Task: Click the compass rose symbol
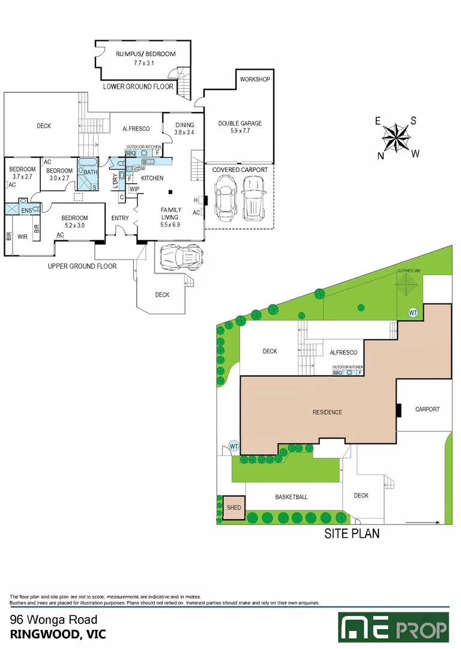tap(396, 138)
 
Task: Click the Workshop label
tap(255, 79)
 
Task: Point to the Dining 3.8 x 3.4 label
tap(184, 129)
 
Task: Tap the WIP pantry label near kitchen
tap(134, 189)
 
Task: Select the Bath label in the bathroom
tap(90, 172)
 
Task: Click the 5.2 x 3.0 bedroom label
tap(75, 221)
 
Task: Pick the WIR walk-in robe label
tap(23, 237)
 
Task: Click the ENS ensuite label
tap(26, 211)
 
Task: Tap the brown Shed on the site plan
tap(234, 508)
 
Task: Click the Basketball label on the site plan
tap(291, 497)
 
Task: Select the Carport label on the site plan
tap(427, 409)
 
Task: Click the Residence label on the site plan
tap(327, 412)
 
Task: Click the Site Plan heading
tap(352, 533)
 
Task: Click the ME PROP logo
tap(394, 627)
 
